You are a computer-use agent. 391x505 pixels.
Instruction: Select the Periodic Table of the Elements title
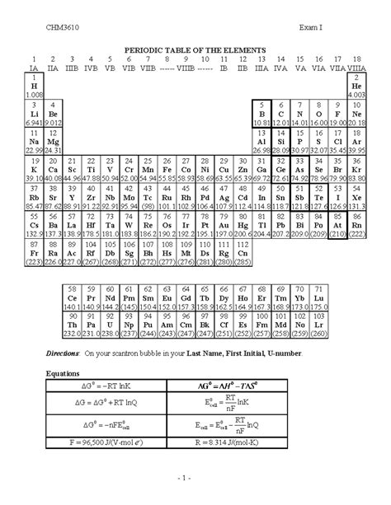pyautogui.click(x=195, y=50)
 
